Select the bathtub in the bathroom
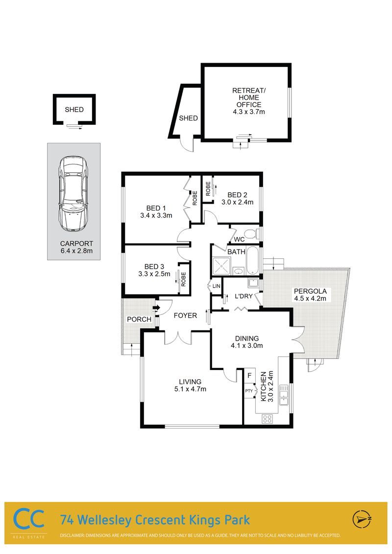253,260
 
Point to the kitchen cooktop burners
267,419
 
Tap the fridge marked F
249,375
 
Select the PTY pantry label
249,391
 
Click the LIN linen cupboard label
216,286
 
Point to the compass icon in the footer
362,519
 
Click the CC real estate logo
28,518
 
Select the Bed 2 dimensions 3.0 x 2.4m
237,203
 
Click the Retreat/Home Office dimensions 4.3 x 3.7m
249,112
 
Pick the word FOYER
185,316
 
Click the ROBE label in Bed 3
183,279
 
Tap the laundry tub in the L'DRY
253,283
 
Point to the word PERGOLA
310,291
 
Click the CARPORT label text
76,243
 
